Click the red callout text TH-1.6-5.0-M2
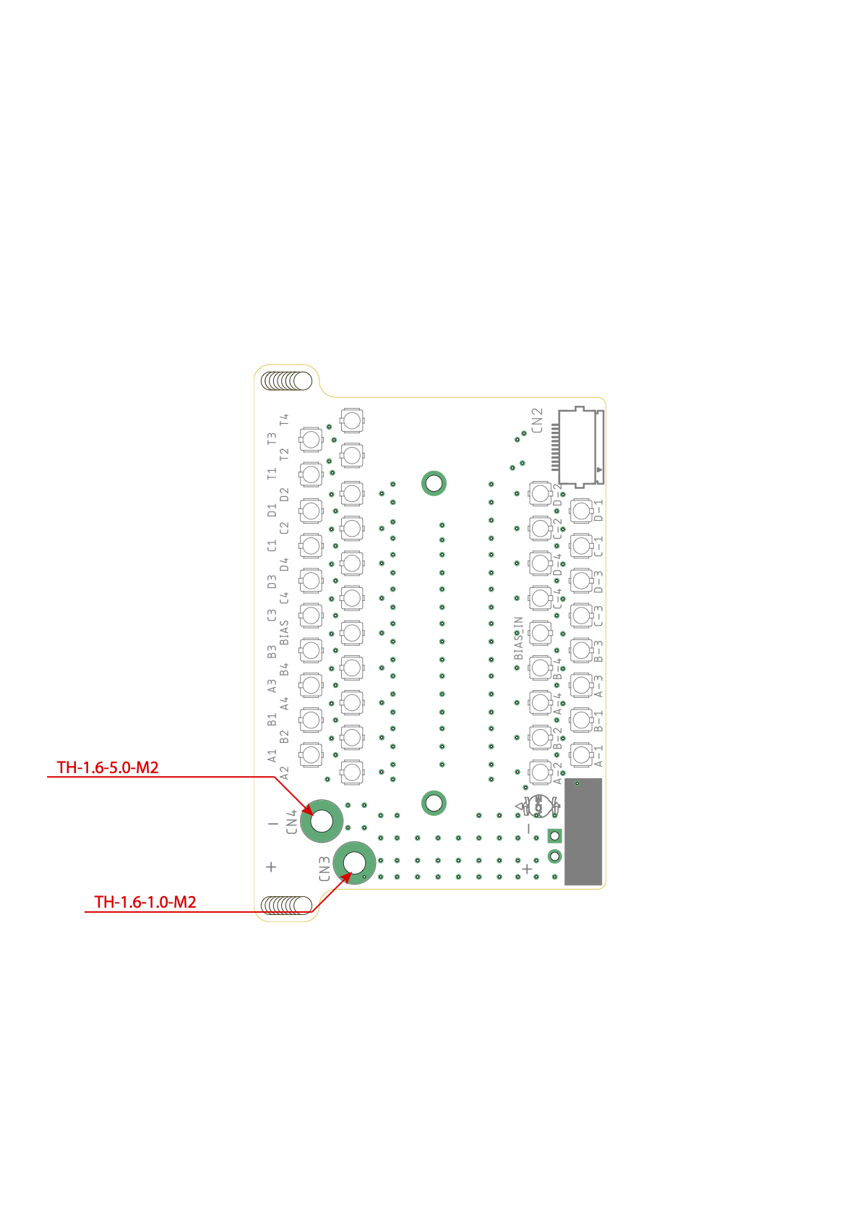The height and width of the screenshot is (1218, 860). coord(108,767)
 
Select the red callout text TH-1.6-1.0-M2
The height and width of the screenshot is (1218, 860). coord(145,902)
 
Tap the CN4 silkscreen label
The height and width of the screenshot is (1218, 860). coord(291,822)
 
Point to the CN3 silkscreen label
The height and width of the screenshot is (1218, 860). coord(324,869)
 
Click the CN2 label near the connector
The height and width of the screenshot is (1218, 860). coord(536,420)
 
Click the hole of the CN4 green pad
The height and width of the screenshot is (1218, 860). coord(322,821)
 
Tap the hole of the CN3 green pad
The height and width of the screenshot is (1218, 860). coord(355,862)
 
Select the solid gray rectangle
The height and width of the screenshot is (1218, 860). coord(583,831)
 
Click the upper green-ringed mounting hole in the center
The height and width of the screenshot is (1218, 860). coord(434,483)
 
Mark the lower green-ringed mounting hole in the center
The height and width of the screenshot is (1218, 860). coord(434,802)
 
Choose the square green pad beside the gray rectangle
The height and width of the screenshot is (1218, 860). coord(554,836)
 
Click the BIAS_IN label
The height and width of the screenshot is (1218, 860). coord(518,638)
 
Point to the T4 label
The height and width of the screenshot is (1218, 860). coord(284,420)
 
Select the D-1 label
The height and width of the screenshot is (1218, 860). coord(598,510)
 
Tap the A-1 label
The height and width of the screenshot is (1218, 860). coord(598,755)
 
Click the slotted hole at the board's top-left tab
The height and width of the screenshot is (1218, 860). coord(287,380)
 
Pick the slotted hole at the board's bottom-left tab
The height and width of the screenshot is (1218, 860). coord(287,904)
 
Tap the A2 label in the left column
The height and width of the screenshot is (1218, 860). coord(284,772)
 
